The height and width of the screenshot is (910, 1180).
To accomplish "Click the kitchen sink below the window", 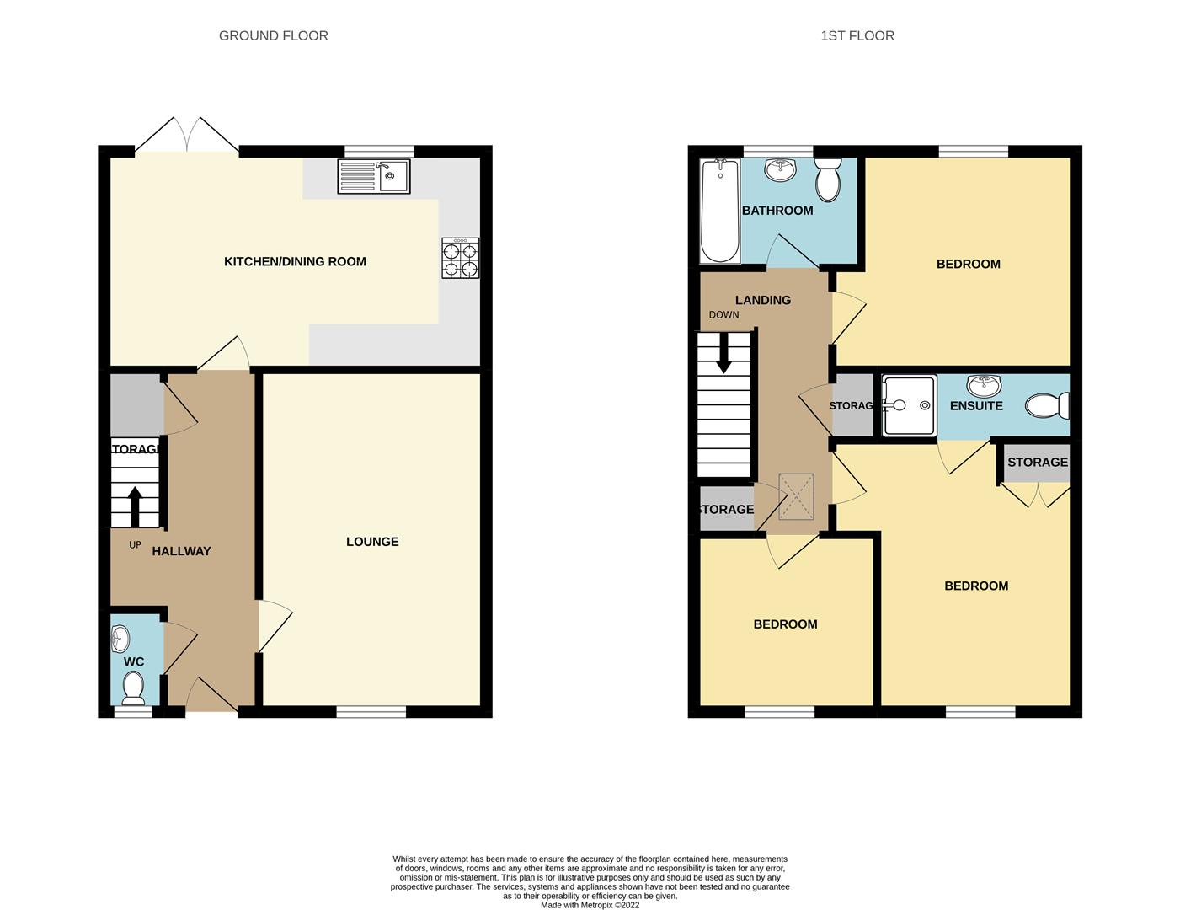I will pyautogui.click(x=373, y=177).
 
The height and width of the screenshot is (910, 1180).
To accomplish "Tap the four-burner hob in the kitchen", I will pyautogui.click(x=460, y=259).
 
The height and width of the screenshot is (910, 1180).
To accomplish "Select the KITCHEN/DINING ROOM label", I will pyautogui.click(x=295, y=262).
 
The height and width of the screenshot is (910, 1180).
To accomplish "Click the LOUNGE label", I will pyautogui.click(x=372, y=542).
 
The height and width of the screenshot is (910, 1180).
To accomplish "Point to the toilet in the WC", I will pyautogui.click(x=133, y=688).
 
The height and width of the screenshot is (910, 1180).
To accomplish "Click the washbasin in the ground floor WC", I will pyautogui.click(x=120, y=639).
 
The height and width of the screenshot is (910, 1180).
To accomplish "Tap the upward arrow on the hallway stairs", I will pyautogui.click(x=134, y=506).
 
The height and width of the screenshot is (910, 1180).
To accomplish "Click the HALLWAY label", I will pyautogui.click(x=181, y=551).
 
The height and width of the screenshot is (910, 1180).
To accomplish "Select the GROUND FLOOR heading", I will pyautogui.click(x=273, y=35).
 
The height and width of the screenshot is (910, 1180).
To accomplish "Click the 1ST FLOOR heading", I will pyautogui.click(x=857, y=35).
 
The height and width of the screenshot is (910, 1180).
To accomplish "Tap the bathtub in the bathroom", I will pyautogui.click(x=719, y=211).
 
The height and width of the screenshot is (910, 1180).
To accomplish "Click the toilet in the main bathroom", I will pyautogui.click(x=828, y=179).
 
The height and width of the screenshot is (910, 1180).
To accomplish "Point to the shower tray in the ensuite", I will pyautogui.click(x=909, y=406).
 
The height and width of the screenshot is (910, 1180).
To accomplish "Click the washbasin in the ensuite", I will pyautogui.click(x=983, y=386).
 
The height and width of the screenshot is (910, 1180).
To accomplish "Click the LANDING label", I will pyautogui.click(x=762, y=300).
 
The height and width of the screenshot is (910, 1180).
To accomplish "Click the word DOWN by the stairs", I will pyautogui.click(x=723, y=315).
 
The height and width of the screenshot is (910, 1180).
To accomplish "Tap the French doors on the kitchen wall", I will pyautogui.click(x=187, y=138).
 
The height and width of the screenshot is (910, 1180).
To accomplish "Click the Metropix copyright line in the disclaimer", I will pyautogui.click(x=590, y=906).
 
